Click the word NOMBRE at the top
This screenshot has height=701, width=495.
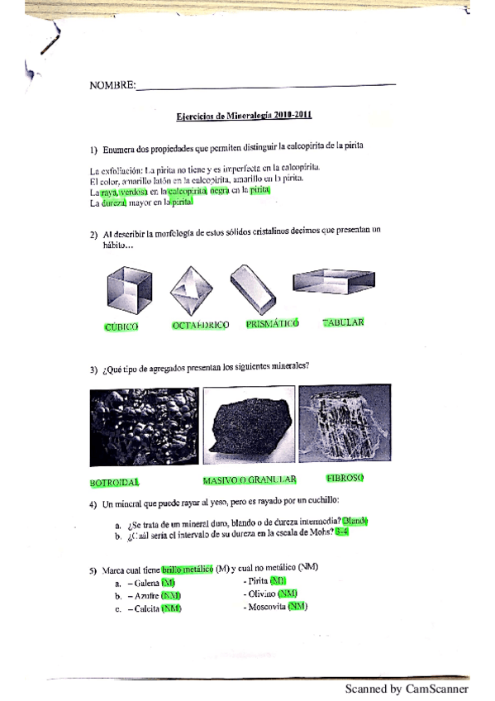point(111,85)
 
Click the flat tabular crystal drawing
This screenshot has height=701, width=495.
point(334,283)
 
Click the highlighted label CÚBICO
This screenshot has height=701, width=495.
point(121,327)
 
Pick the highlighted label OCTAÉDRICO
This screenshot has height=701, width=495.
point(200,326)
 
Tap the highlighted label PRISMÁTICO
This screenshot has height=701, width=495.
point(272,324)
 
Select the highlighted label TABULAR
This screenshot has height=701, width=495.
point(343,322)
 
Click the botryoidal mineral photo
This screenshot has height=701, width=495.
point(141,427)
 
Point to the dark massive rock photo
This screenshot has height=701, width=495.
point(249,427)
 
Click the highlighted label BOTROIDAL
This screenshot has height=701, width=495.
point(115,482)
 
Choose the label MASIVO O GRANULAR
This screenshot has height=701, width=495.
point(250,479)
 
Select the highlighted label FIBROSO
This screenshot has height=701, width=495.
point(345,478)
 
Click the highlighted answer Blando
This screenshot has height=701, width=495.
point(355,521)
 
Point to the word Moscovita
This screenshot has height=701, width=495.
point(266,607)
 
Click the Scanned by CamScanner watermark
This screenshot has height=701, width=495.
point(407,689)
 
